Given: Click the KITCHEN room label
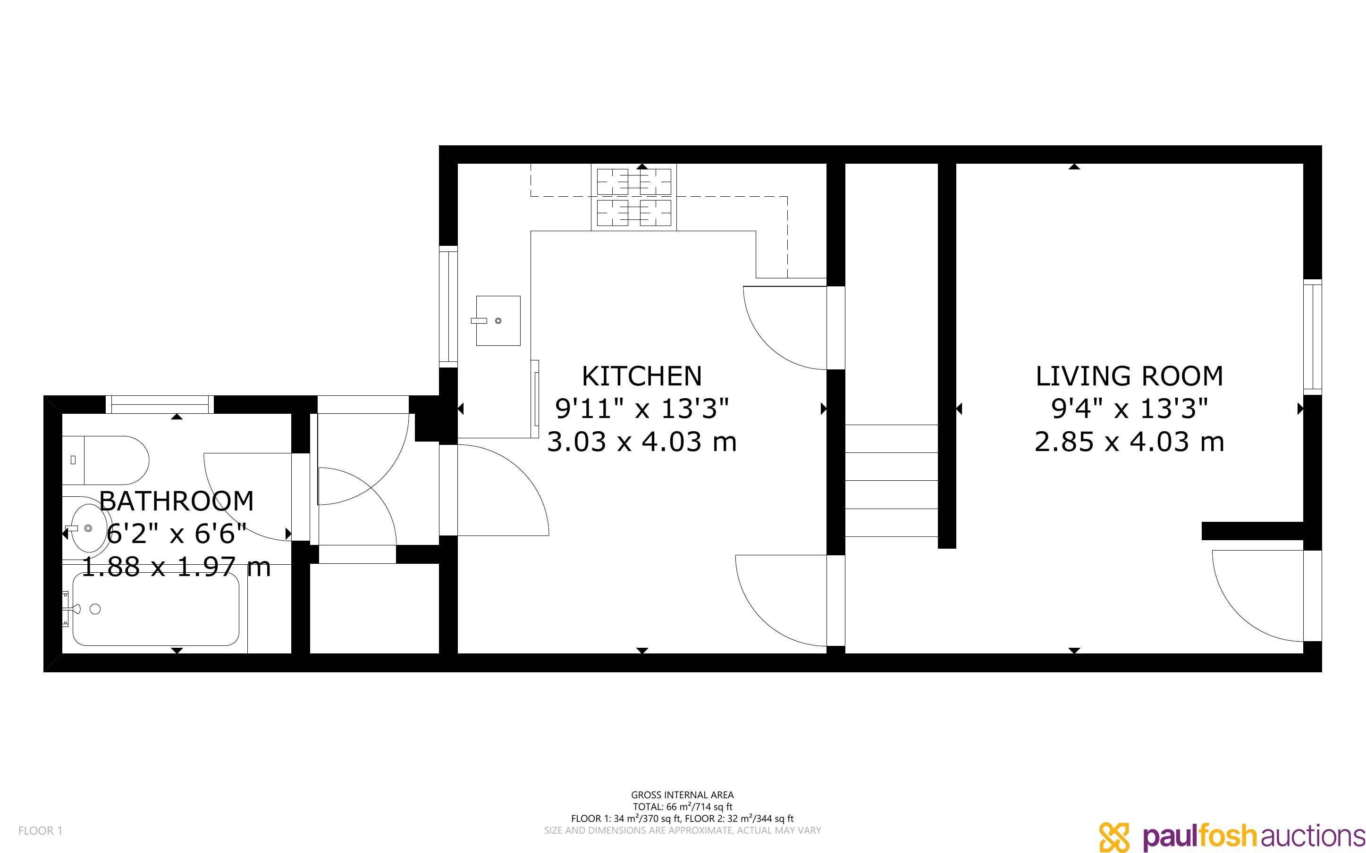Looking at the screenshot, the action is click(641, 376).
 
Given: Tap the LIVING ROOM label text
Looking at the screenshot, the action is click(1129, 376).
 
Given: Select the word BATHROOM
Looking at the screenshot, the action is click(177, 501).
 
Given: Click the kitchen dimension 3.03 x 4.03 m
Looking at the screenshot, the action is click(642, 442).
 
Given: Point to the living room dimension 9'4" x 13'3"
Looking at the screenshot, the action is click(1129, 409).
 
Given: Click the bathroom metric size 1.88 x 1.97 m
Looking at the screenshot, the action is click(177, 567).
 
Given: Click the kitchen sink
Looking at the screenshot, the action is click(497, 320).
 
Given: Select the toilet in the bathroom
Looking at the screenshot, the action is click(106, 460).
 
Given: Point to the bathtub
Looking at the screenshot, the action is click(156, 609).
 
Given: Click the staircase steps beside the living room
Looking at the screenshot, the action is click(892, 481).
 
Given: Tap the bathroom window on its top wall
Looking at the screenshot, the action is click(160, 404).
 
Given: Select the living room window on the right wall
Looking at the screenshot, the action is click(1312, 337).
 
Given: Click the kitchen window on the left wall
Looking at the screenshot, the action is click(448, 307).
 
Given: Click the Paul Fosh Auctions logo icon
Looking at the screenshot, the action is click(1115, 836).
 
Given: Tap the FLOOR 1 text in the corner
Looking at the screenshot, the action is click(41, 830).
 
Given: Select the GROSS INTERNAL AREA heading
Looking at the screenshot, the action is click(682, 795).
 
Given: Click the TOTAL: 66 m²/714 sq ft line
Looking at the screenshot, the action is click(682, 807).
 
